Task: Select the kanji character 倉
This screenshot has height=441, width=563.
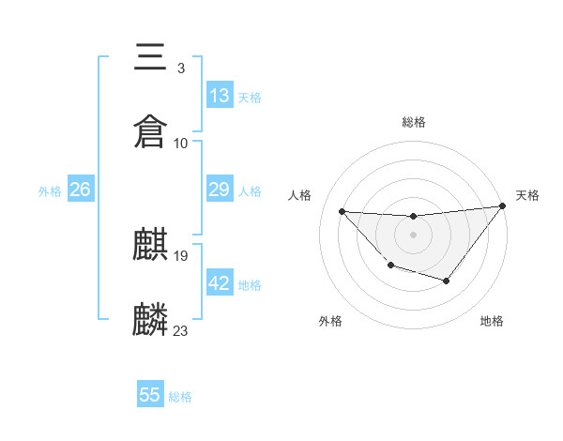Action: click(x=151, y=130)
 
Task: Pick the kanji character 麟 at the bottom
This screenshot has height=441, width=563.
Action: click(x=151, y=320)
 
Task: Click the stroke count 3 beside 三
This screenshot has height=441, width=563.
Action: click(x=180, y=68)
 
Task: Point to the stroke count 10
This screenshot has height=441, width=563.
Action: click(x=181, y=143)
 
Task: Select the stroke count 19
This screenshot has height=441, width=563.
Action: click(x=181, y=255)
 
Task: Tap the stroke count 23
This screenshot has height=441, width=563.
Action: click(x=181, y=330)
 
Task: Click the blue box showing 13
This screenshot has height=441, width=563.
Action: click(x=220, y=96)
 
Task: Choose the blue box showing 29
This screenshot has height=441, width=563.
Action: click(x=220, y=190)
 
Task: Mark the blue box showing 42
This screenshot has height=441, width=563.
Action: click(x=220, y=283)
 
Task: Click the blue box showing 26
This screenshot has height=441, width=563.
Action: click(x=80, y=190)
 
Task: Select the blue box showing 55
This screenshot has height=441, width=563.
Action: click(x=150, y=395)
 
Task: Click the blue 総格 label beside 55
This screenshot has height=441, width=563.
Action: click(x=180, y=397)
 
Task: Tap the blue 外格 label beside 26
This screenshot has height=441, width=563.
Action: click(x=50, y=191)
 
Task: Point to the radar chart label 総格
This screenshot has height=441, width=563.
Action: click(x=413, y=122)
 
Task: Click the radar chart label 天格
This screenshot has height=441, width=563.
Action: click(x=528, y=195)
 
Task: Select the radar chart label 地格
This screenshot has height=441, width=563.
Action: click(x=492, y=322)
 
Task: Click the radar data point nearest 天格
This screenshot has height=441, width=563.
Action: click(x=502, y=205)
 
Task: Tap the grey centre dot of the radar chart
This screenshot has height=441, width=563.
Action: click(x=413, y=235)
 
